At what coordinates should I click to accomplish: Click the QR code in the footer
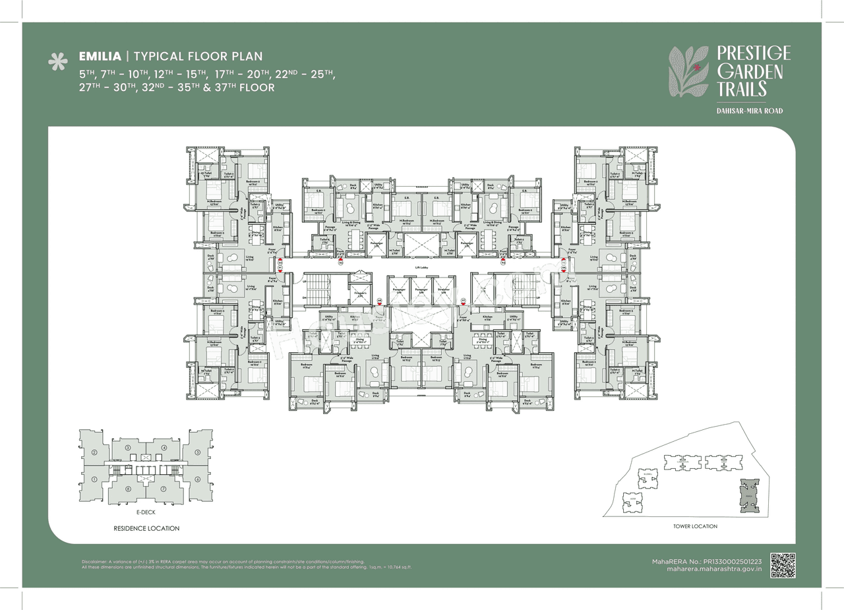pyautogui.click(x=783, y=565)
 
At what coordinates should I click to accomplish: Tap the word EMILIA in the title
pyautogui.click(x=99, y=57)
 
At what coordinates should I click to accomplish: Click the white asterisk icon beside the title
pyautogui.click(x=58, y=61)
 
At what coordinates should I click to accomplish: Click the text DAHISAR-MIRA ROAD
pyautogui.click(x=749, y=111)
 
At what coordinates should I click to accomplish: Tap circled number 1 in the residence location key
pyautogui.click(x=95, y=479)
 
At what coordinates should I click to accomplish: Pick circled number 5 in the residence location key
pyautogui.click(x=197, y=452)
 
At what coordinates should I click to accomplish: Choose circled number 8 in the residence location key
pyautogui.click(x=128, y=489)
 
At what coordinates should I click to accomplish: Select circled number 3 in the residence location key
pyautogui.click(x=128, y=448)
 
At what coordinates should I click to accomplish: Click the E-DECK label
pyautogui.click(x=146, y=512)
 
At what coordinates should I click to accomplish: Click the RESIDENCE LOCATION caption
pyautogui.click(x=146, y=528)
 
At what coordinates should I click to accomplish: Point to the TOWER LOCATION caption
pyautogui.click(x=695, y=526)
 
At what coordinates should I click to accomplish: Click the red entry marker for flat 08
pyautogui.click(x=379, y=301)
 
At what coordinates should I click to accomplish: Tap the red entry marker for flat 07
pyautogui.click(x=464, y=301)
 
